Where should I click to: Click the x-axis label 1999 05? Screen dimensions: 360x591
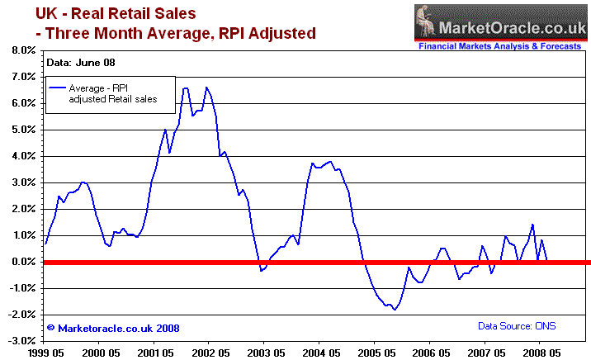[43, 351]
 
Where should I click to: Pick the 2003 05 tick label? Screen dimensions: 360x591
[263, 351]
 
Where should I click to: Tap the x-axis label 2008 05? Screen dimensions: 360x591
[539, 351]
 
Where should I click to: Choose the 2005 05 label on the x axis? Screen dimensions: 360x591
[374, 351]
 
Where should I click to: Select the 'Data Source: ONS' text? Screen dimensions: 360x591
[516, 327]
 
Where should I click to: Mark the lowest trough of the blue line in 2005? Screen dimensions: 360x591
[395, 310]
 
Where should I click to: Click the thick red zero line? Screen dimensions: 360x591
[314, 263]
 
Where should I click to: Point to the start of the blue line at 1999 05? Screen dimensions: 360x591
[45, 244]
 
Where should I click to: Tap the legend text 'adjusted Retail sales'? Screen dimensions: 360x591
[113, 99]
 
